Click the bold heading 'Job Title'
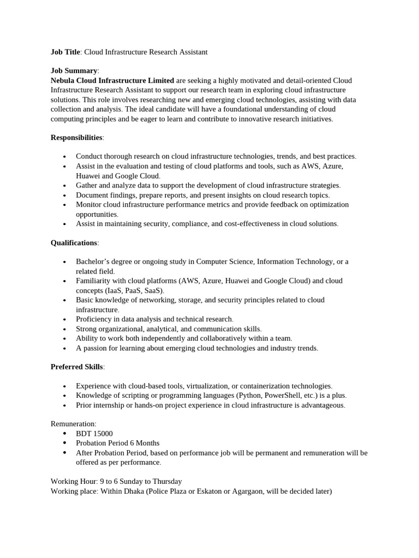tap(65, 52)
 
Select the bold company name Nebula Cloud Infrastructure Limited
tap(112, 80)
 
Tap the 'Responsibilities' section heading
tap(76, 137)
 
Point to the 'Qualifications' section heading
tap(74, 242)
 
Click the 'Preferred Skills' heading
tap(76, 367)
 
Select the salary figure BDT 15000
tap(94, 433)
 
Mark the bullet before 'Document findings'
tap(65, 195)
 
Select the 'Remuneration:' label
tap(74, 423)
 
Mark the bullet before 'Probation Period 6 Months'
tap(65, 443)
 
